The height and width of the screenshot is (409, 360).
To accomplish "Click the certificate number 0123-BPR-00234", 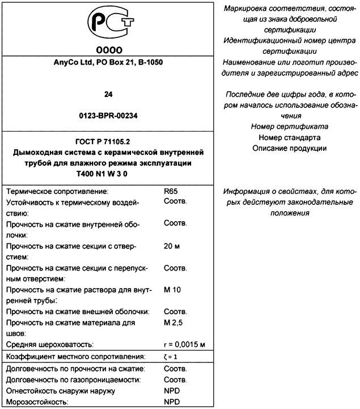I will pyautogui.click(x=107, y=115).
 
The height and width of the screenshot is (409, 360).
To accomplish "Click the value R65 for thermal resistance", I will pyautogui.click(x=170, y=192).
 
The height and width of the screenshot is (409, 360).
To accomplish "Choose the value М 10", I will pyautogui.click(x=172, y=290).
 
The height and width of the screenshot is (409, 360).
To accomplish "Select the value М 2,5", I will pyautogui.click(x=173, y=322).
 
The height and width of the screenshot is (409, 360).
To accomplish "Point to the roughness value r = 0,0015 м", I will pyautogui.click(x=184, y=344).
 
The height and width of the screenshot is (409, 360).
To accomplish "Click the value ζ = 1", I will pyautogui.click(x=171, y=357).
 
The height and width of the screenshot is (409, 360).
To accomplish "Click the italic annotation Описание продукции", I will pyautogui.click(x=289, y=148).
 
